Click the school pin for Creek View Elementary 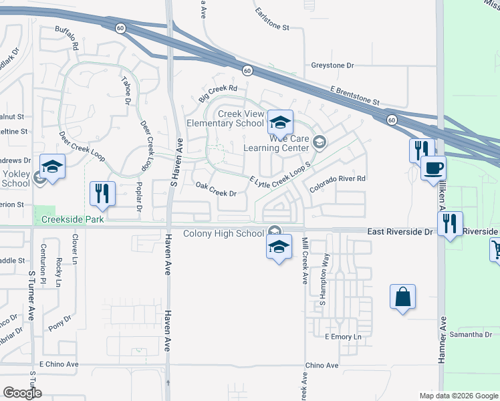point(280,122)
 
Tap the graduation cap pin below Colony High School point(279,247)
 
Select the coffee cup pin point(433,168)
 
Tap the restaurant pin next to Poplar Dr point(102,193)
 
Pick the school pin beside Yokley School point(52,166)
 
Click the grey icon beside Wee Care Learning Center point(320,142)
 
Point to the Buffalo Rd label point(67,39)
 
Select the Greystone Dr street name point(332,65)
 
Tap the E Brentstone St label point(354,96)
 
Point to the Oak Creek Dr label point(215,189)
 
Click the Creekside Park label point(73,219)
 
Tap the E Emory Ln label point(342,336)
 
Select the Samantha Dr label point(471,334)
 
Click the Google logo point(22,392)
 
